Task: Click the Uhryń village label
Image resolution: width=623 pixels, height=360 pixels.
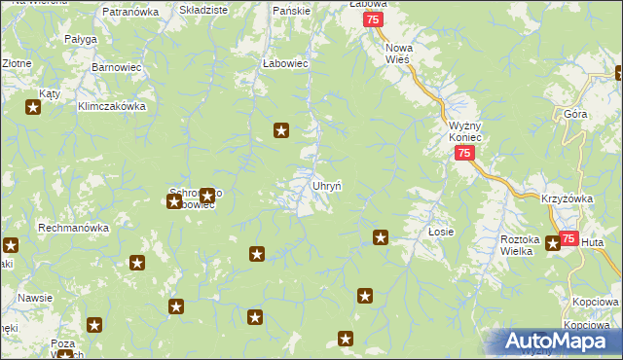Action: click(x=325, y=185)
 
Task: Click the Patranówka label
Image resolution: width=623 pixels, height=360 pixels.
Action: click(x=129, y=12)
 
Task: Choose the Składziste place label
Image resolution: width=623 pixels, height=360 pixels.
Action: click(x=203, y=9)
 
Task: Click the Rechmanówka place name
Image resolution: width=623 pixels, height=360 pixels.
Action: click(x=73, y=228)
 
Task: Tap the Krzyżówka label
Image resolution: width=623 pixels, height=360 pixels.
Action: click(x=567, y=198)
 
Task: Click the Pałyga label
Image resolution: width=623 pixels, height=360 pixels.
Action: click(x=81, y=39)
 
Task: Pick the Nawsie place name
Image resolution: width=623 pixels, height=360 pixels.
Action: click(x=34, y=299)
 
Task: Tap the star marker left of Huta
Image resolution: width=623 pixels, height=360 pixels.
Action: click(x=553, y=243)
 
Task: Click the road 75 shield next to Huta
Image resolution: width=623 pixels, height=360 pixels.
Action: click(x=568, y=239)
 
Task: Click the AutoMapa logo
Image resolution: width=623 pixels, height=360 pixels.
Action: click(x=554, y=342)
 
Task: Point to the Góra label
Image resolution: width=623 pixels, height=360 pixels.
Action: click(x=574, y=115)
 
